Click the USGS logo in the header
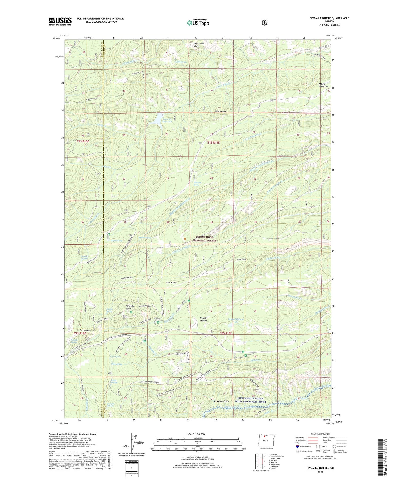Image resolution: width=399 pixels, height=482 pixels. click(60, 21)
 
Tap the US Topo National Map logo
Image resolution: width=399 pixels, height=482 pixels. click(198, 23)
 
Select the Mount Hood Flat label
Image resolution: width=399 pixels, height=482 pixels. click(323, 85)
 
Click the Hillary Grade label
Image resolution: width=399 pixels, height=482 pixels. click(221, 111)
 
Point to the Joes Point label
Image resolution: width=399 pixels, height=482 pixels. click(241, 259)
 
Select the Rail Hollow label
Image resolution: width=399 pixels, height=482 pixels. click(171, 283)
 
